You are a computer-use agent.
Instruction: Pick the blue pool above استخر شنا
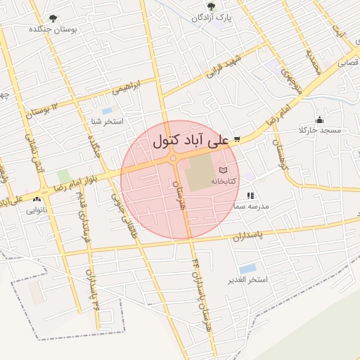click(107, 110)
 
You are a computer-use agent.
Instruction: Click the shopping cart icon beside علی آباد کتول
click(238, 139)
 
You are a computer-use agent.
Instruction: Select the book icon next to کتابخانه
click(224, 171)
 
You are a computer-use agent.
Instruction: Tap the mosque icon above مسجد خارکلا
click(320, 120)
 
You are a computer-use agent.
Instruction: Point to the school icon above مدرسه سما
click(250, 196)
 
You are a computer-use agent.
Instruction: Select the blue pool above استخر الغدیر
click(247, 269)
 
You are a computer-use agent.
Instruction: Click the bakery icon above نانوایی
click(36, 200)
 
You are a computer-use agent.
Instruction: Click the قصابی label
click(349, 63)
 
